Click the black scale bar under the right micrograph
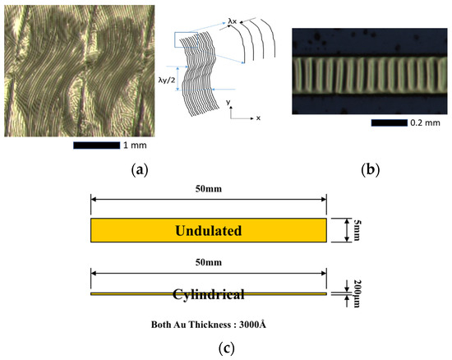[x=383, y=123]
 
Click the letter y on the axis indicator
[x=229, y=104]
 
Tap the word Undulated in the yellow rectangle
[x=208, y=231]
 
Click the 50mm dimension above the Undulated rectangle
[x=209, y=191]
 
